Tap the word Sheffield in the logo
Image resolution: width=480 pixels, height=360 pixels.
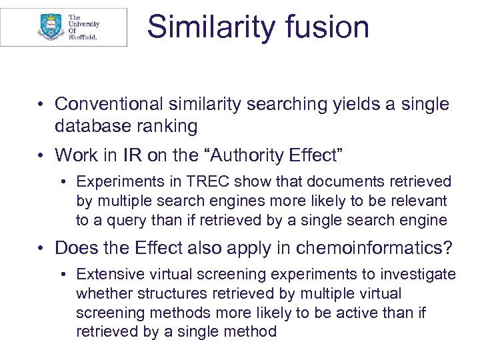click(83, 37)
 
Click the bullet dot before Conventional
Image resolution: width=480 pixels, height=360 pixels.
click(41, 105)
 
